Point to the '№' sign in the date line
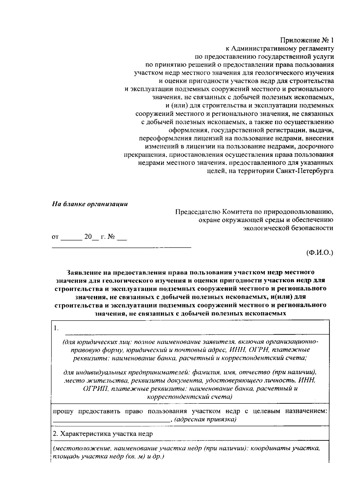pos(111,237)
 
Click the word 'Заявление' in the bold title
pos(85,272)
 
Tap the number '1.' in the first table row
pos(56,328)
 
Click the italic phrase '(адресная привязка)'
pos(205,419)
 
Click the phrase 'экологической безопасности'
pos(288,228)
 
